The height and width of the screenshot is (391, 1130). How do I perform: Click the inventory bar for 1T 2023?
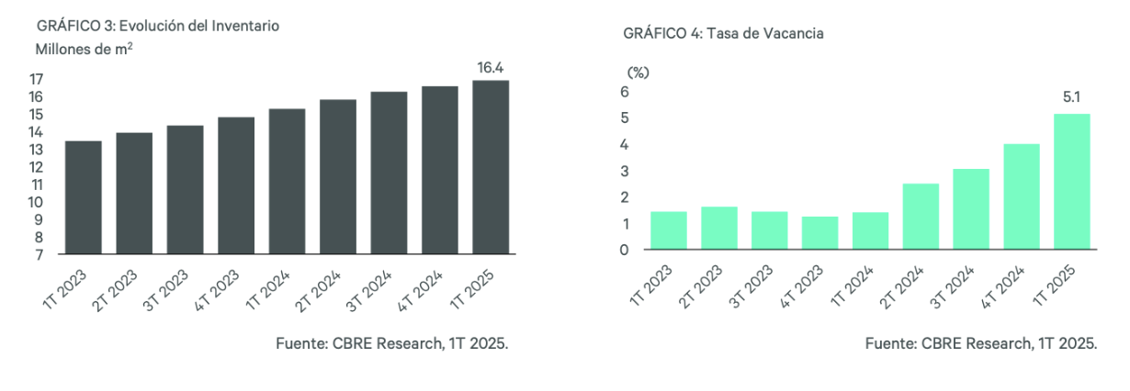83,197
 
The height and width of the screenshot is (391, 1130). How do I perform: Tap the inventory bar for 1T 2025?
490,167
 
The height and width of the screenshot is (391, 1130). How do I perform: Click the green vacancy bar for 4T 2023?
819,232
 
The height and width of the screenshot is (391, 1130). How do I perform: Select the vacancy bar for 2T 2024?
921,216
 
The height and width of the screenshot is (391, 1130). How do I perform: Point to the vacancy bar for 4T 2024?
1022,195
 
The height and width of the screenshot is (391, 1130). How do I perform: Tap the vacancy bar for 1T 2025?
1072,181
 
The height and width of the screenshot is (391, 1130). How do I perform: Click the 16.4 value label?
490,67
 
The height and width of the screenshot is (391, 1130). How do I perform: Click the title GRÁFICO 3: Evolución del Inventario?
157,26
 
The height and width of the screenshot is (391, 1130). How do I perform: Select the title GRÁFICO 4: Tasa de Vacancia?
722,34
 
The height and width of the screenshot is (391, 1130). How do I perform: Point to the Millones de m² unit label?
85,50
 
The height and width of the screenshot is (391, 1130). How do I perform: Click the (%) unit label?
637,71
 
